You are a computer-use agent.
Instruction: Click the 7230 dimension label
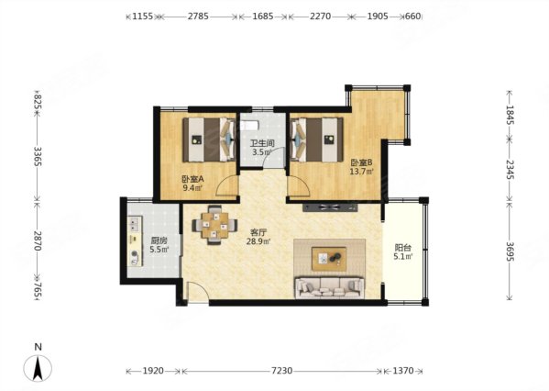pyautogui.click(x=282, y=371)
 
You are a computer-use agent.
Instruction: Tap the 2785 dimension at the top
pyautogui.click(x=198, y=17)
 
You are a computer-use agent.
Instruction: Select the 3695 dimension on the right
pyautogui.click(x=510, y=251)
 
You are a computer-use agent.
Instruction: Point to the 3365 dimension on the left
pyautogui.click(x=38, y=157)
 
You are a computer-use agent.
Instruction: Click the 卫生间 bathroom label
pyautogui.click(x=261, y=143)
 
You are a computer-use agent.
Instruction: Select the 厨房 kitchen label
pyautogui.click(x=159, y=240)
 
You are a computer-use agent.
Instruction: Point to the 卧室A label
pyautogui.click(x=192, y=179)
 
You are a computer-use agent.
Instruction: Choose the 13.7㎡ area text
pyautogui.click(x=362, y=172)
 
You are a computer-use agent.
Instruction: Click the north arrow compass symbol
pyautogui.click(x=38, y=368)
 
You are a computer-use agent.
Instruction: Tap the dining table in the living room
pyautogui.click(x=214, y=225)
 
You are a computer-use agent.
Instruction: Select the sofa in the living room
pyautogui.click(x=329, y=288)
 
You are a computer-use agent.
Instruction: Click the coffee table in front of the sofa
pyautogui.click(x=329, y=259)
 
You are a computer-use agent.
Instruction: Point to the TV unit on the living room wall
pyautogui.click(x=330, y=207)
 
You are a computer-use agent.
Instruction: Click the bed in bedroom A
pyautogui.click(x=209, y=140)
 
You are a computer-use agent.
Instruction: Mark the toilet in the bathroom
pyautogui.click(x=249, y=125)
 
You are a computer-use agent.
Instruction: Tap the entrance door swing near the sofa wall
pyautogui.click(x=198, y=291)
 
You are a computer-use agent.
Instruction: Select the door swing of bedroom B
pyautogui.click(x=299, y=186)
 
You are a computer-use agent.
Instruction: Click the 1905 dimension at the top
pyautogui.click(x=378, y=17)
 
